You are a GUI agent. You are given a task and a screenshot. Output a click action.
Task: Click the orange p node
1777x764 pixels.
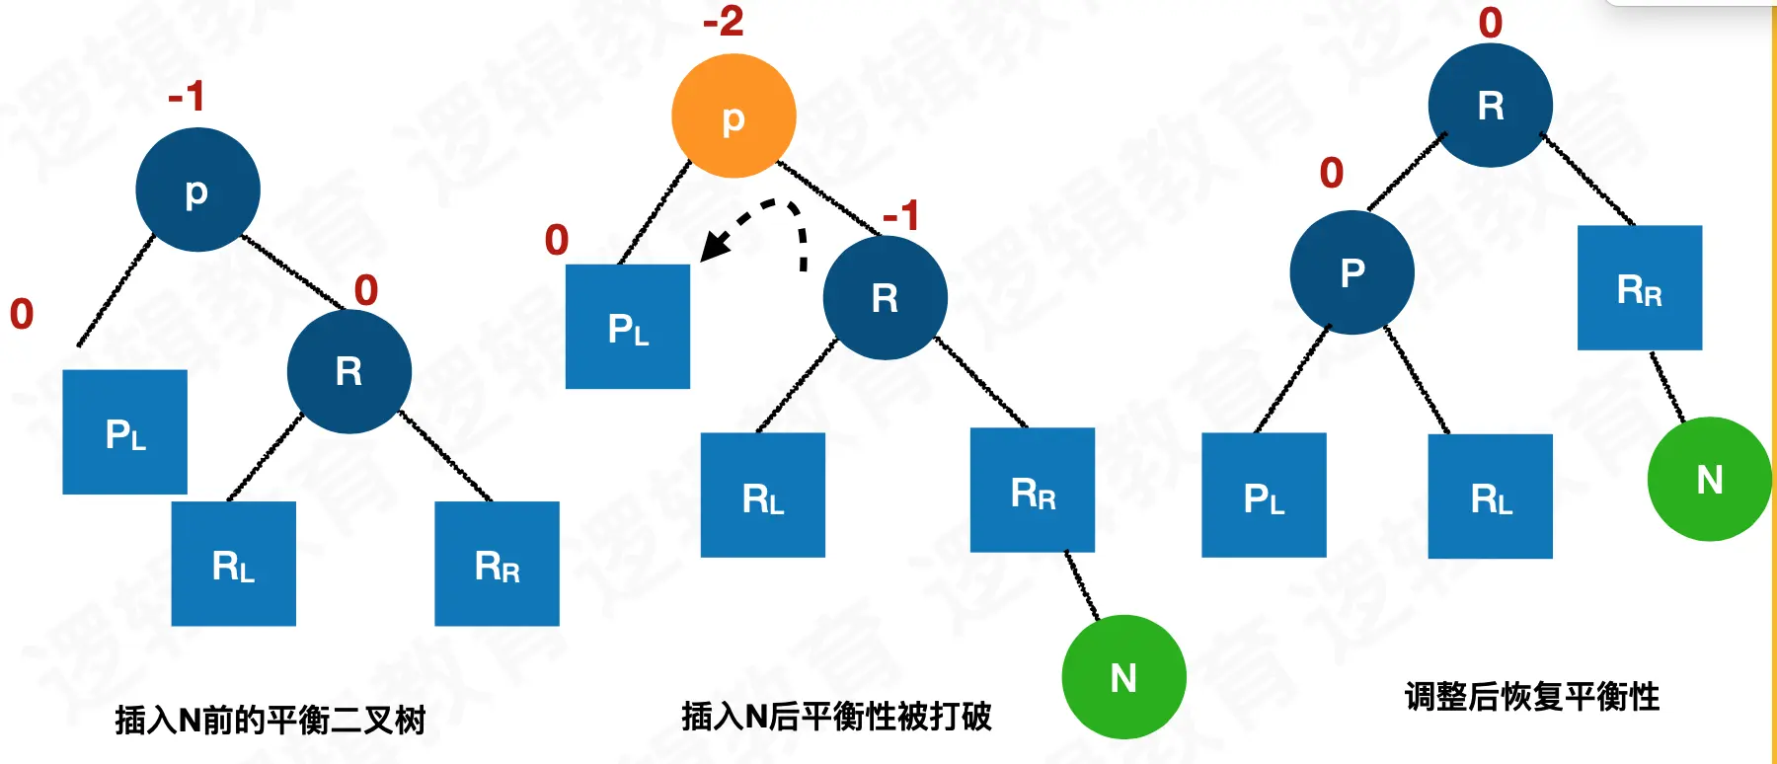(x=734, y=116)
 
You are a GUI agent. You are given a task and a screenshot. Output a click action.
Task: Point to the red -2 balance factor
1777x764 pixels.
(x=724, y=22)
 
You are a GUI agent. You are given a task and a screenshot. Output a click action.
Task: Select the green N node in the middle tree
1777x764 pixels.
(x=1123, y=677)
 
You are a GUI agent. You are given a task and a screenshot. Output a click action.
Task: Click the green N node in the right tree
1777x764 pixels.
(x=1709, y=480)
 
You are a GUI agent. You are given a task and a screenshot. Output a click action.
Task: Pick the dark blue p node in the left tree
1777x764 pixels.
(x=197, y=190)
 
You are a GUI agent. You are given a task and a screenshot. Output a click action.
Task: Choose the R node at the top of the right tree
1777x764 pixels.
(x=1491, y=106)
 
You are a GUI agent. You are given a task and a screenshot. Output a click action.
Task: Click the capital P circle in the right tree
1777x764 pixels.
(x=1352, y=272)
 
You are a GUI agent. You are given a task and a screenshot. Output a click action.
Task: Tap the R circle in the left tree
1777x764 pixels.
(x=348, y=372)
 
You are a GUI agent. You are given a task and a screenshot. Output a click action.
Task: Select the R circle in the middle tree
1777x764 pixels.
(x=885, y=298)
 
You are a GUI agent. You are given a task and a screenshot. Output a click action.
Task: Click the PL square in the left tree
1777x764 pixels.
(x=125, y=432)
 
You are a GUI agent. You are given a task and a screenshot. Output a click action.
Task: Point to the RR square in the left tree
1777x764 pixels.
(x=497, y=564)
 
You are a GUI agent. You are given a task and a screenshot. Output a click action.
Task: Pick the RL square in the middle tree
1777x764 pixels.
(x=763, y=496)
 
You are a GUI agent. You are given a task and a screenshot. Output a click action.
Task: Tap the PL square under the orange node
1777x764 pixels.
(x=628, y=327)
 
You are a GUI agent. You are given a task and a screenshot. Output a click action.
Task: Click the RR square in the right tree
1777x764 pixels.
(x=1640, y=288)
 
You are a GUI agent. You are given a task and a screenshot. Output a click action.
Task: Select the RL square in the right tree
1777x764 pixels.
(x=1491, y=497)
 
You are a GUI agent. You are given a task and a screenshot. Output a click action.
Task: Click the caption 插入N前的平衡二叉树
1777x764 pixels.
(x=270, y=720)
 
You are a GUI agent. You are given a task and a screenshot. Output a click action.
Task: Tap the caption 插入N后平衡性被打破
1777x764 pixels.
(x=836, y=716)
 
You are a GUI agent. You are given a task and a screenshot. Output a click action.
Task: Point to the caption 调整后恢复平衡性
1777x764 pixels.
(x=1531, y=697)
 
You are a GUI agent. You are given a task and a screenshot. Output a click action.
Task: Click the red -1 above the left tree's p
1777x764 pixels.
(x=187, y=97)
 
